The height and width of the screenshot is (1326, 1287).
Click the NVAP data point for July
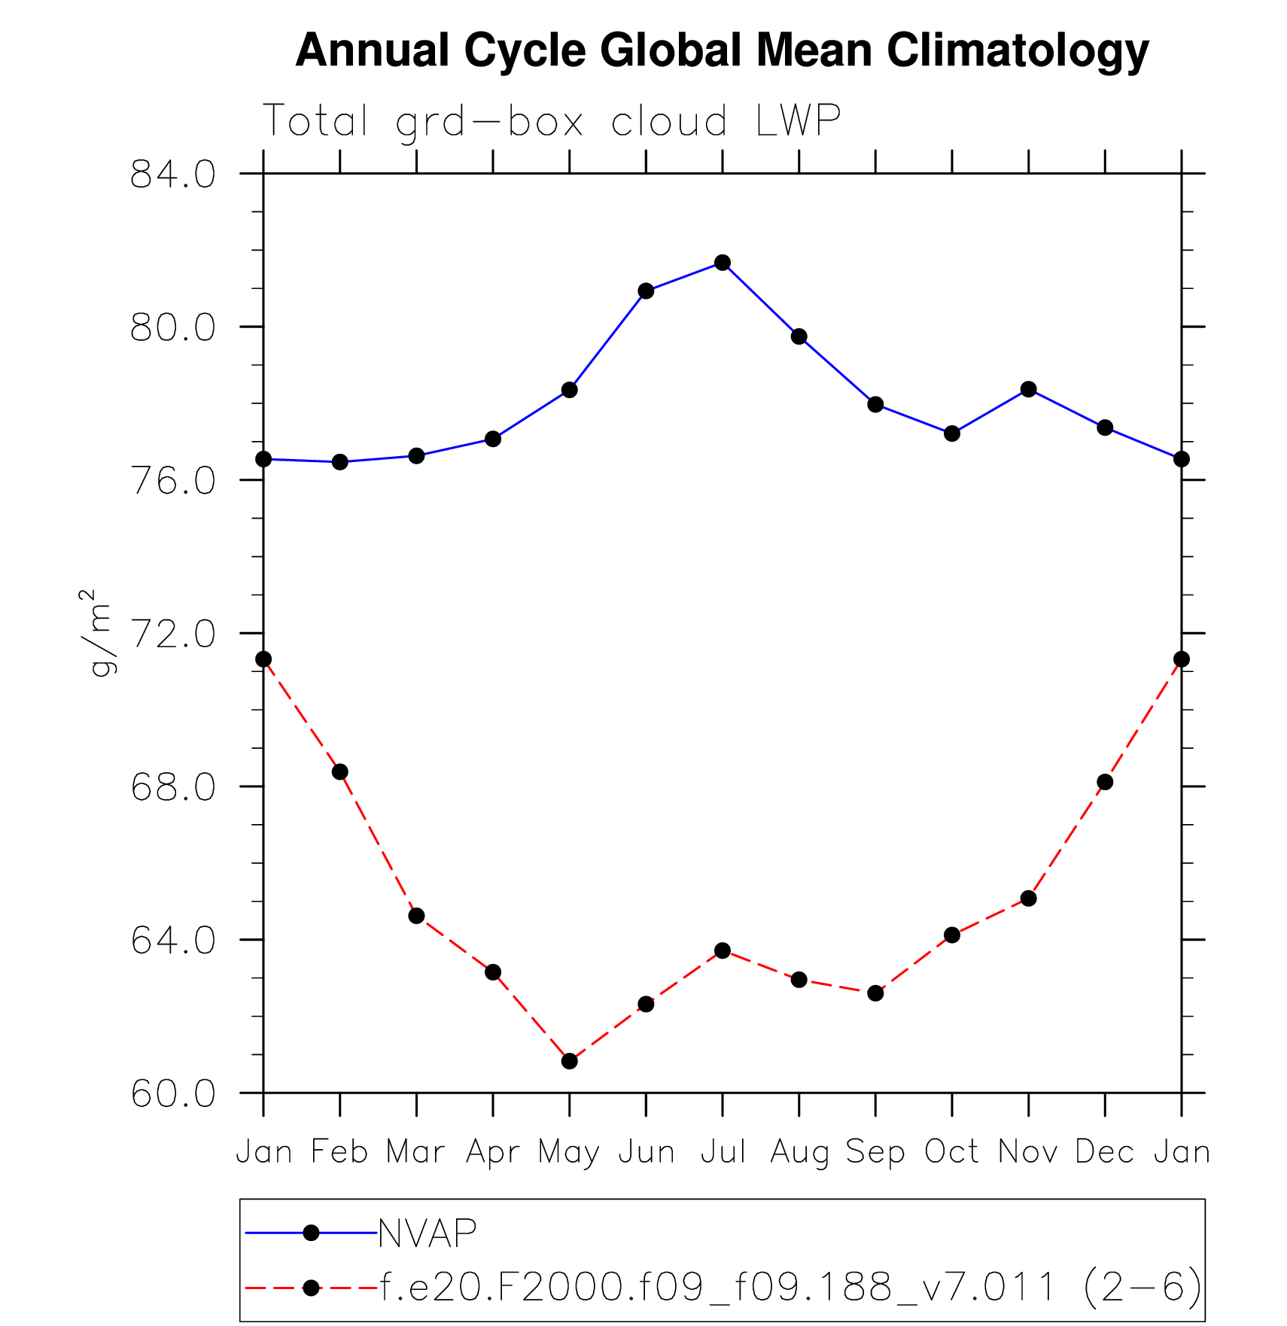723,263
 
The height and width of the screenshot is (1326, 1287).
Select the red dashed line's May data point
570,1061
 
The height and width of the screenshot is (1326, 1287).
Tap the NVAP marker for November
1029,389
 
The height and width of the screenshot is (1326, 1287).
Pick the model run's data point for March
416,916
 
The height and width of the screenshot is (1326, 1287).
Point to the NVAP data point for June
646,291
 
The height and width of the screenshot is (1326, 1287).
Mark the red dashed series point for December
1105,783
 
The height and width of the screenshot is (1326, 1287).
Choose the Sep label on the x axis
875,1152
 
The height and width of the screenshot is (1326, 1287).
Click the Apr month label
493,1152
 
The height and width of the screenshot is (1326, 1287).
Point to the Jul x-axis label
723,1152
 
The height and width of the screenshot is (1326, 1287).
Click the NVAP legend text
427,1233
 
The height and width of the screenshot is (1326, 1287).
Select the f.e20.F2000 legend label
790,1288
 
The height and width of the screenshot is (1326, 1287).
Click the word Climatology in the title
1018,50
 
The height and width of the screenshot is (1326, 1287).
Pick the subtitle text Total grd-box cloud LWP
551,120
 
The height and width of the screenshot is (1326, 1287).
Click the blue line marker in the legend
311,1233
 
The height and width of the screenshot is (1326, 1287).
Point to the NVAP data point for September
875,405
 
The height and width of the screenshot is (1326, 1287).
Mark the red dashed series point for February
340,772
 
